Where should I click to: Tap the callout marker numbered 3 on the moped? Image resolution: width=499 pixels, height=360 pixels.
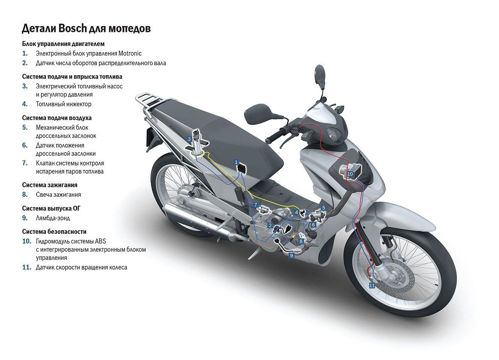pos(189,139)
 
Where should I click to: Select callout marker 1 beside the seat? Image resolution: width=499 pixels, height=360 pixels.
pos(236,161)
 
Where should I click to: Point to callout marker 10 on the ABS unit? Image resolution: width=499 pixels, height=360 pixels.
pos(350,174)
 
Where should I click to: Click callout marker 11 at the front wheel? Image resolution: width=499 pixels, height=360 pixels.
pos(372,286)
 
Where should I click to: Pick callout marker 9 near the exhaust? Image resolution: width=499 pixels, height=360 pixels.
pos(291,255)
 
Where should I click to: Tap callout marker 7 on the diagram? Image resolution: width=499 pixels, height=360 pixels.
pos(256,205)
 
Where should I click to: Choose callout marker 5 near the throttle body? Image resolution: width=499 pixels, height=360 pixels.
pos(323,208)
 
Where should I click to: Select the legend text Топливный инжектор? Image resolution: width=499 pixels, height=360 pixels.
pos(64,104)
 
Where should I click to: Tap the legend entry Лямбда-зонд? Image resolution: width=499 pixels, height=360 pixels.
pos(53,218)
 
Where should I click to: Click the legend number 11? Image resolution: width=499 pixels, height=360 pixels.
pos(27,267)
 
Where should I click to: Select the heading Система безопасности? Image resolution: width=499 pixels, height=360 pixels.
pos(54,231)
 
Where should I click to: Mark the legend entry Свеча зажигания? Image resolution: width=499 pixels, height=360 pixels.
pos(58,194)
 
